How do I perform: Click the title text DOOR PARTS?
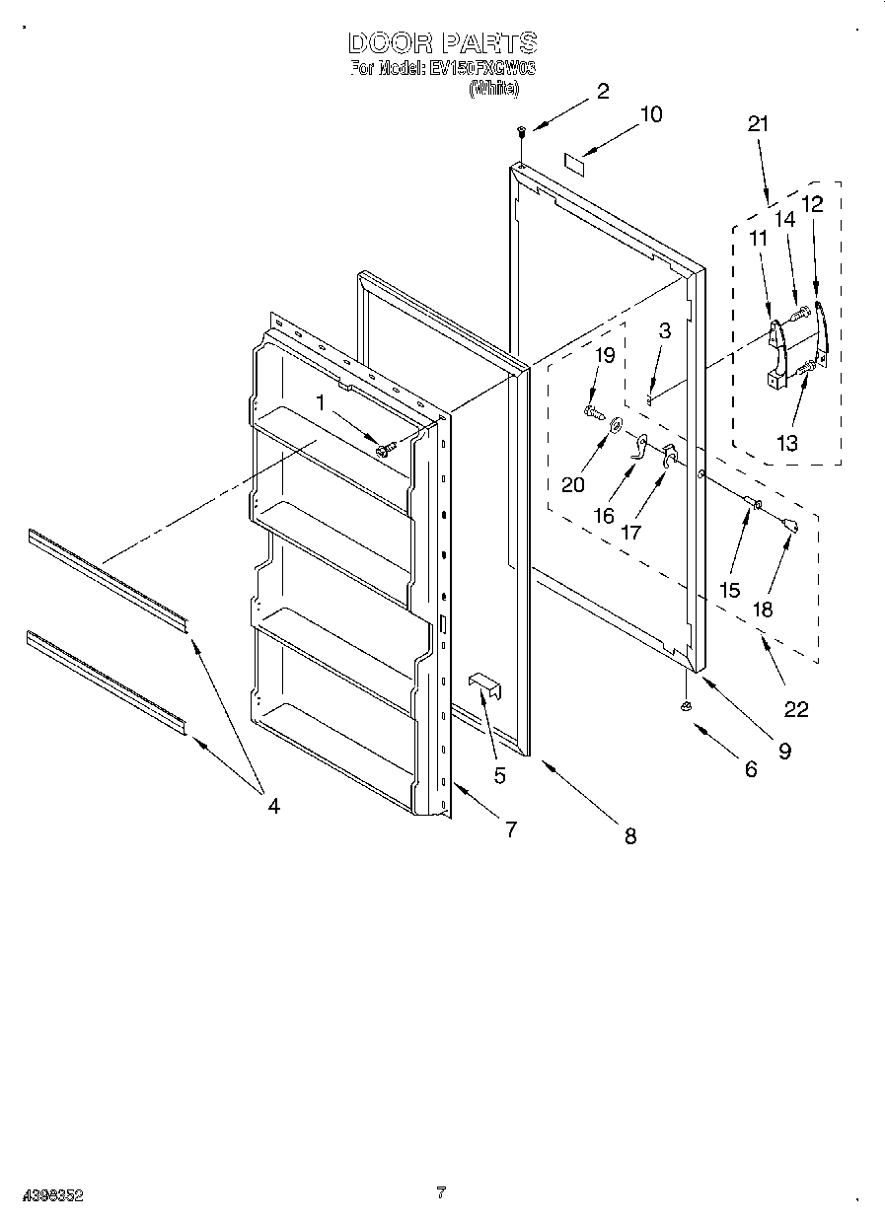pyautogui.click(x=442, y=43)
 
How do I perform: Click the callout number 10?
pyautogui.click(x=650, y=114)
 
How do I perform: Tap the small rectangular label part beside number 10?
pyautogui.click(x=573, y=163)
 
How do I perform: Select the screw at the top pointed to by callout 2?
pyautogui.click(x=519, y=130)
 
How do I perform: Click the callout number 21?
pyautogui.click(x=757, y=124)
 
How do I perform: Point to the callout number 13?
pyautogui.click(x=786, y=444)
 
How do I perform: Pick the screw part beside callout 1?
pyautogui.click(x=385, y=449)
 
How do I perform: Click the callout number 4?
pyautogui.click(x=273, y=806)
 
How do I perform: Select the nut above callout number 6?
pyautogui.click(x=685, y=708)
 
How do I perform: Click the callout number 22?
pyautogui.click(x=795, y=709)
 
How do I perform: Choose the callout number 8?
pyautogui.click(x=629, y=836)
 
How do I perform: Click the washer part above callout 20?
pyautogui.click(x=616, y=425)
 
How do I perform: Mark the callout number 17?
pyautogui.click(x=630, y=532)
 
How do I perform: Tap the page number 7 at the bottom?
pyautogui.click(x=441, y=1193)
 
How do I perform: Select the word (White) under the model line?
pyautogui.click(x=492, y=89)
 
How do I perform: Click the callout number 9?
pyautogui.click(x=783, y=751)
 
